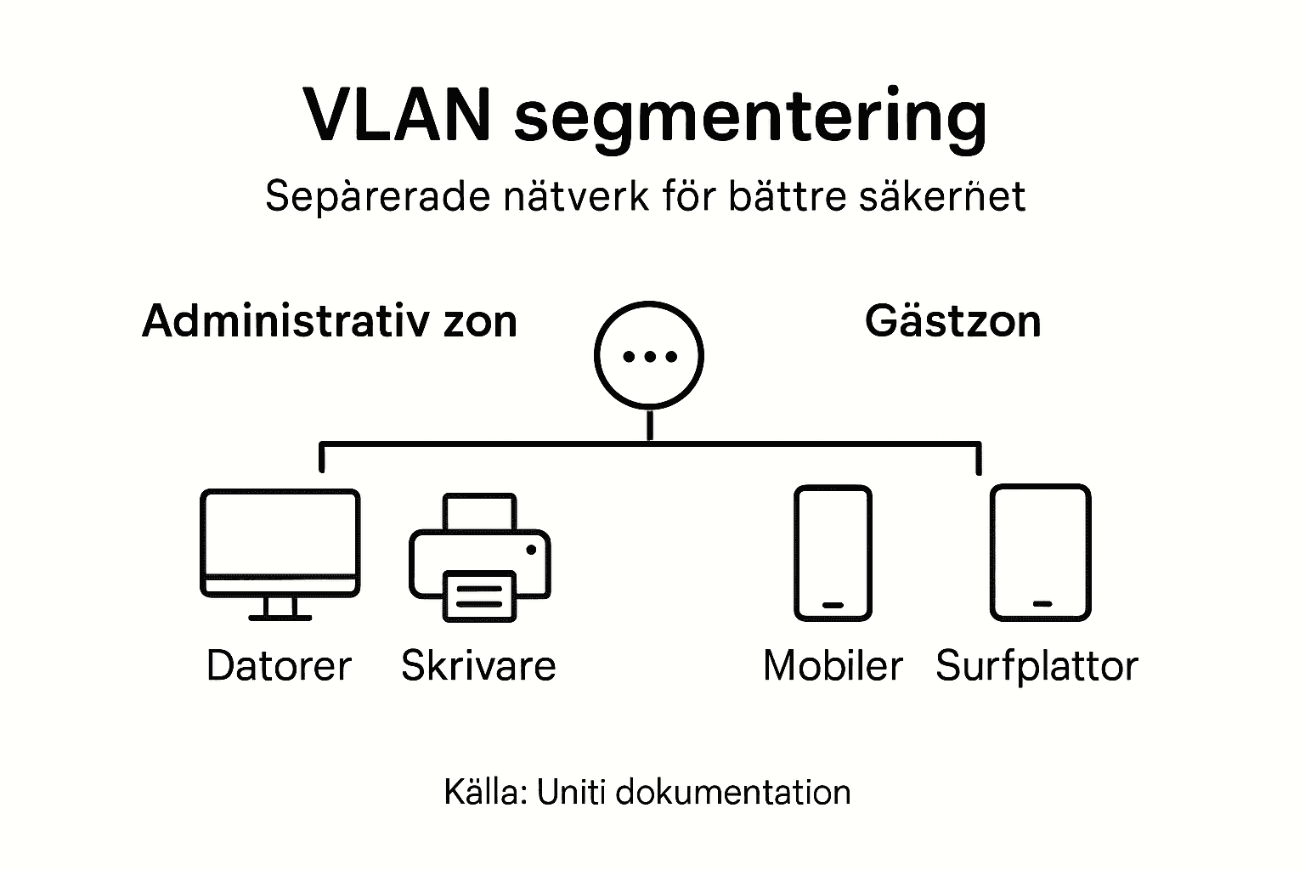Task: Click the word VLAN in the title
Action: tap(397, 115)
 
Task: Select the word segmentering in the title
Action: tap(750, 119)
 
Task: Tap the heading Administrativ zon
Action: tap(330, 321)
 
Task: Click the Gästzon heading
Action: tap(952, 321)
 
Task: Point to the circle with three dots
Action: tap(649, 356)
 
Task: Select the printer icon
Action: tap(480, 556)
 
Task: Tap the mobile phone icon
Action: tap(833, 552)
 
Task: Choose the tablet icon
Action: tap(1041, 552)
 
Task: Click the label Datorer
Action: tap(279, 666)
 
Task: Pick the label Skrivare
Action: tap(478, 666)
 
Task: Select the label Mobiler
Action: tap(833, 666)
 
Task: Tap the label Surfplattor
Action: tap(1037, 666)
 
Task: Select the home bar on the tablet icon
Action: tap(1042, 603)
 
